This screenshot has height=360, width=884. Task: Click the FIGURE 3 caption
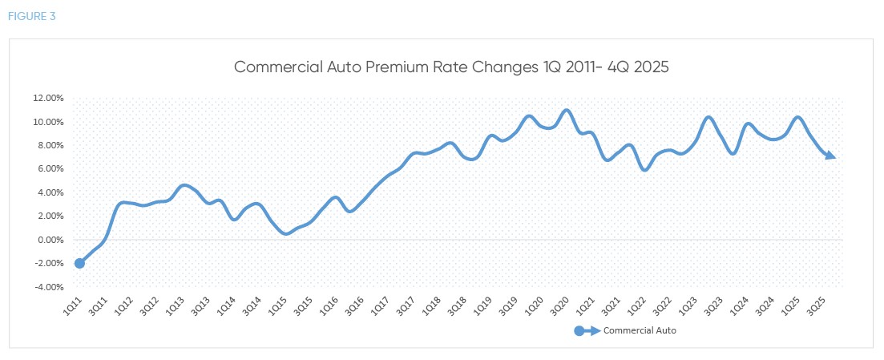pos(32,16)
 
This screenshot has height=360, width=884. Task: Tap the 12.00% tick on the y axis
pos(47,99)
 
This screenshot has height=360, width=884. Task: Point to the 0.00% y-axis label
pos(50,240)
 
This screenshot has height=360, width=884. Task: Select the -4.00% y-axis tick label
pos(47,287)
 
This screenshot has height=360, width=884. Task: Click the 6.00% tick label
pos(50,169)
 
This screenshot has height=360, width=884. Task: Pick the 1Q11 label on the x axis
pos(72,305)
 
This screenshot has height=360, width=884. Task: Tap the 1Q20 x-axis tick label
pos(533,305)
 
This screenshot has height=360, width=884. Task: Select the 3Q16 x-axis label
pos(354,305)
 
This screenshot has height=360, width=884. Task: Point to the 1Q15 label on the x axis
pos(277,305)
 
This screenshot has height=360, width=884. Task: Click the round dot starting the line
pos(79,263)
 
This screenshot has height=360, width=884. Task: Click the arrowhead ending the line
pos(832,156)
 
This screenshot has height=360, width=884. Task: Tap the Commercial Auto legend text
pos(640,330)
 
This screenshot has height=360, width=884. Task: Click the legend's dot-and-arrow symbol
pos(587,330)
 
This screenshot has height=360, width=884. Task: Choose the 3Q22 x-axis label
pos(662,305)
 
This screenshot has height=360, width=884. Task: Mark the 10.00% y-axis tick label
pos(47,122)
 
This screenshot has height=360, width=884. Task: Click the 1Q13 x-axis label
pos(175,305)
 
